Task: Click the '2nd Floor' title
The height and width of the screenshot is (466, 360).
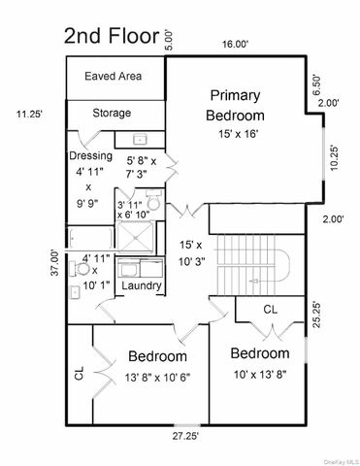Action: [x=110, y=37]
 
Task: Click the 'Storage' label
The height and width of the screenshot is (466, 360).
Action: [x=112, y=114]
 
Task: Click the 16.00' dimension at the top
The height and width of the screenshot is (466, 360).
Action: [x=235, y=44]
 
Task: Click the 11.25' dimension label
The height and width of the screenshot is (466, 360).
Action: [x=29, y=114]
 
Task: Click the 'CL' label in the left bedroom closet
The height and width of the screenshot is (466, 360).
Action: [x=79, y=371]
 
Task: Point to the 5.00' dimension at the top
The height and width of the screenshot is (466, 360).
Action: [x=168, y=38]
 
